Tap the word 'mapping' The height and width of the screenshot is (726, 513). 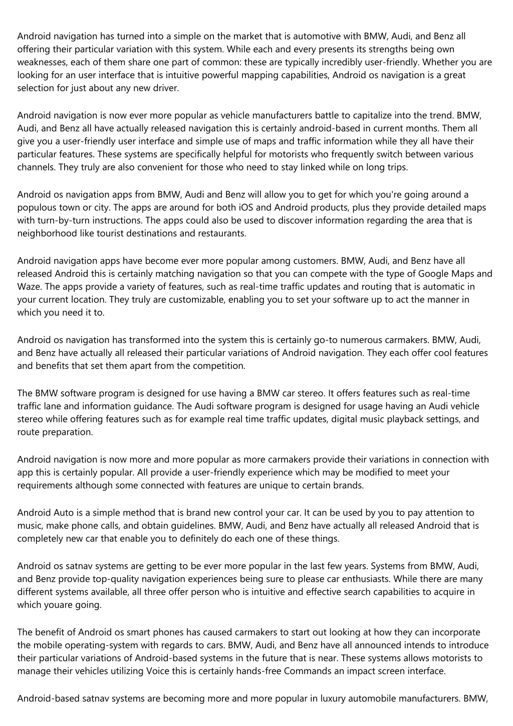258,76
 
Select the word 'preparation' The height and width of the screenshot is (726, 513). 67,432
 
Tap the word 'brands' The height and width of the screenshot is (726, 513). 348,485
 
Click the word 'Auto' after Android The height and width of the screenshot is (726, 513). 64,513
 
